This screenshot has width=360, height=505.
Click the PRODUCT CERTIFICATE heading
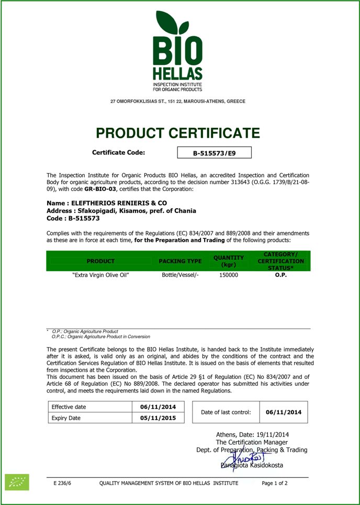(x=177, y=133)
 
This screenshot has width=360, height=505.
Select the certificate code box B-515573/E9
(x=215, y=153)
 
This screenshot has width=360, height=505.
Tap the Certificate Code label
(x=118, y=153)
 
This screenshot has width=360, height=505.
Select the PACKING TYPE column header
(x=180, y=261)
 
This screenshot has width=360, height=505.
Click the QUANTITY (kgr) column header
(x=229, y=261)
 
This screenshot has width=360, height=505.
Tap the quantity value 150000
(x=229, y=275)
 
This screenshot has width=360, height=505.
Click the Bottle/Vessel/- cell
(x=180, y=275)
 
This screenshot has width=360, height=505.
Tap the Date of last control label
(x=226, y=412)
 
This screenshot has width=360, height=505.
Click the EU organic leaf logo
(x=17, y=482)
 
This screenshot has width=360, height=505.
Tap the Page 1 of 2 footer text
(x=275, y=483)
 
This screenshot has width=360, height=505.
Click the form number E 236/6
(x=62, y=483)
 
